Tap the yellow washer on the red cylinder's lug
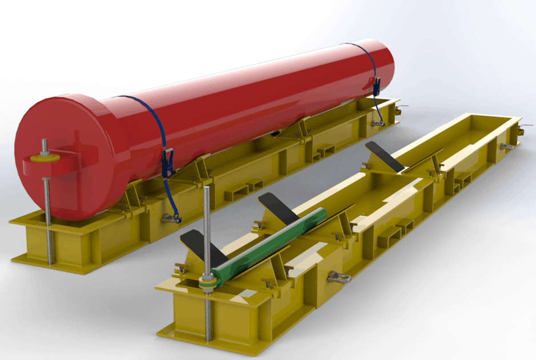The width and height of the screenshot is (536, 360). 45,156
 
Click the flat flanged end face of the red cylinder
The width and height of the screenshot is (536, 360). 57,137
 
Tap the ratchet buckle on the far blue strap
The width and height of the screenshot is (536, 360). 377,85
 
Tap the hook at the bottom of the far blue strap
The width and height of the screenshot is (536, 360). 377,122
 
